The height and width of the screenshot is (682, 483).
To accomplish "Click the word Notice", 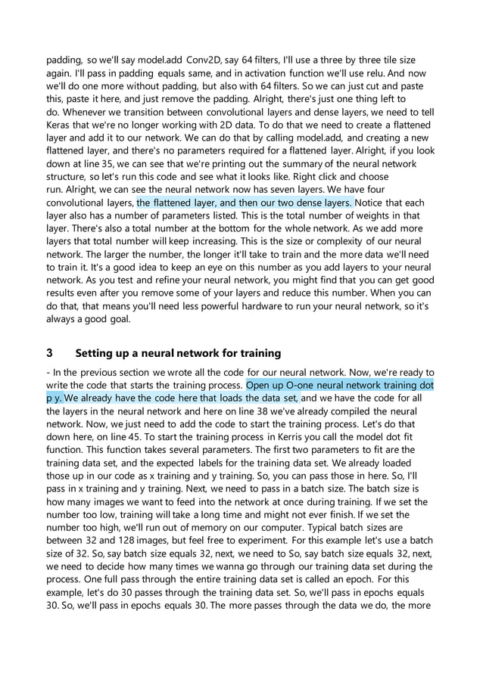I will (374, 202).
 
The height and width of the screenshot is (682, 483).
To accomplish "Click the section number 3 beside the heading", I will (49, 353).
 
